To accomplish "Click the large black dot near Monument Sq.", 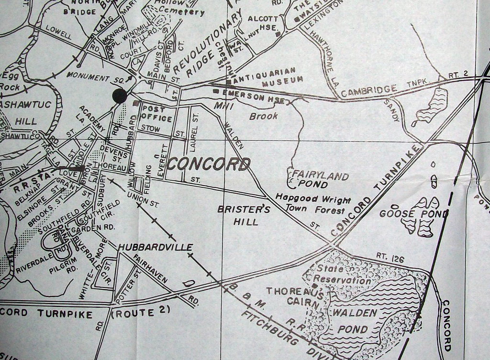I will (x=119, y=96).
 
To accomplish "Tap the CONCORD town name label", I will (x=209, y=164).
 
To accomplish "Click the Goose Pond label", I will (x=413, y=213).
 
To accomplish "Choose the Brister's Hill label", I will (x=244, y=216).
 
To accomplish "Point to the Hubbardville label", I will (x=156, y=247).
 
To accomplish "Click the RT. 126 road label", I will (x=390, y=259).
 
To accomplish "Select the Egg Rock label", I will (x=10, y=81).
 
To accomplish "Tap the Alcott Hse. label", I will (x=263, y=22).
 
